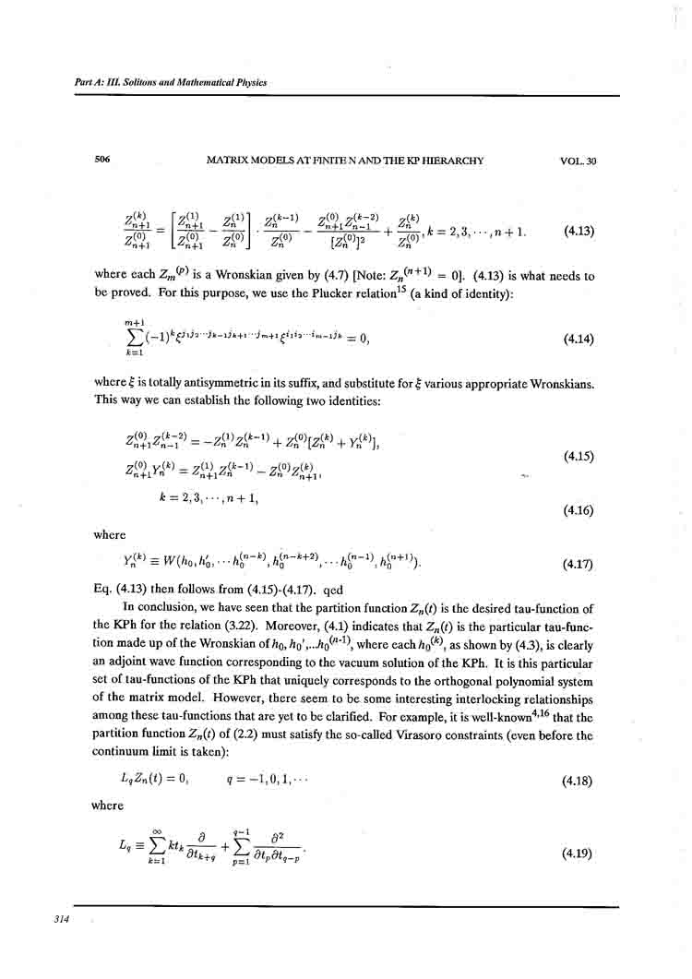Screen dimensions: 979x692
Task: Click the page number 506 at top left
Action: pyautogui.click(x=102, y=161)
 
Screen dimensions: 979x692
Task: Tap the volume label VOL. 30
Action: pyautogui.click(x=579, y=161)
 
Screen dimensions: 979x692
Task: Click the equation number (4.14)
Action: pyautogui.click(x=579, y=339)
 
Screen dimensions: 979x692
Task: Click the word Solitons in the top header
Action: pyautogui.click(x=141, y=82)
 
